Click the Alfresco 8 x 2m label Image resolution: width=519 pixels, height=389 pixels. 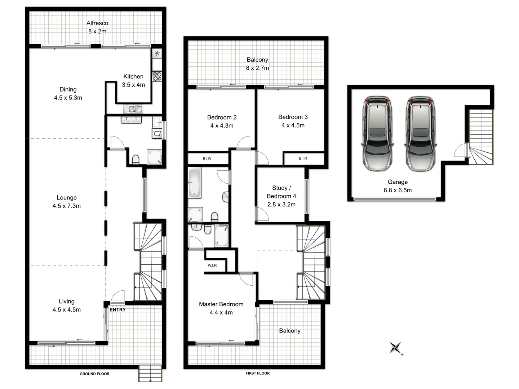[97, 27]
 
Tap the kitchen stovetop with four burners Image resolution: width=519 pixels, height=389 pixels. [157, 76]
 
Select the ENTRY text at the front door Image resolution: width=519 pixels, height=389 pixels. [117, 309]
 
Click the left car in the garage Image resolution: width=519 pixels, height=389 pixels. [377, 133]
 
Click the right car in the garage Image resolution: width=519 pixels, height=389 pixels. [420, 133]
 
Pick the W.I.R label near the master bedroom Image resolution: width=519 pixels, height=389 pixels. [212, 265]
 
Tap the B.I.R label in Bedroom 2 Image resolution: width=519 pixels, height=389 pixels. [207, 158]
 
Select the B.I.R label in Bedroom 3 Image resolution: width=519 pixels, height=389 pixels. [303, 158]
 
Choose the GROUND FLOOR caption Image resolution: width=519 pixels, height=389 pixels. [94, 374]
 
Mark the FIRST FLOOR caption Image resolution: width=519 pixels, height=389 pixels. [257, 373]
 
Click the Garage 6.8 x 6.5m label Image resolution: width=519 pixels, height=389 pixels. [398, 186]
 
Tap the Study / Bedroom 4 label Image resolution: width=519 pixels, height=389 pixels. [281, 196]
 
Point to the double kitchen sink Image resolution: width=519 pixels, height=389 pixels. [133, 109]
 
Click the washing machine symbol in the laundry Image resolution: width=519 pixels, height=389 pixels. [158, 134]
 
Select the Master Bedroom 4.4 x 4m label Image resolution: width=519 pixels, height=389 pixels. [221, 308]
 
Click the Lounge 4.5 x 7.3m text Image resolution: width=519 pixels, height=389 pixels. [67, 202]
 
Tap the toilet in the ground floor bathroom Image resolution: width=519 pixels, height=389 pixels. [136, 160]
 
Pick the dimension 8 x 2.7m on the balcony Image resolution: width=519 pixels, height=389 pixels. [257, 68]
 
